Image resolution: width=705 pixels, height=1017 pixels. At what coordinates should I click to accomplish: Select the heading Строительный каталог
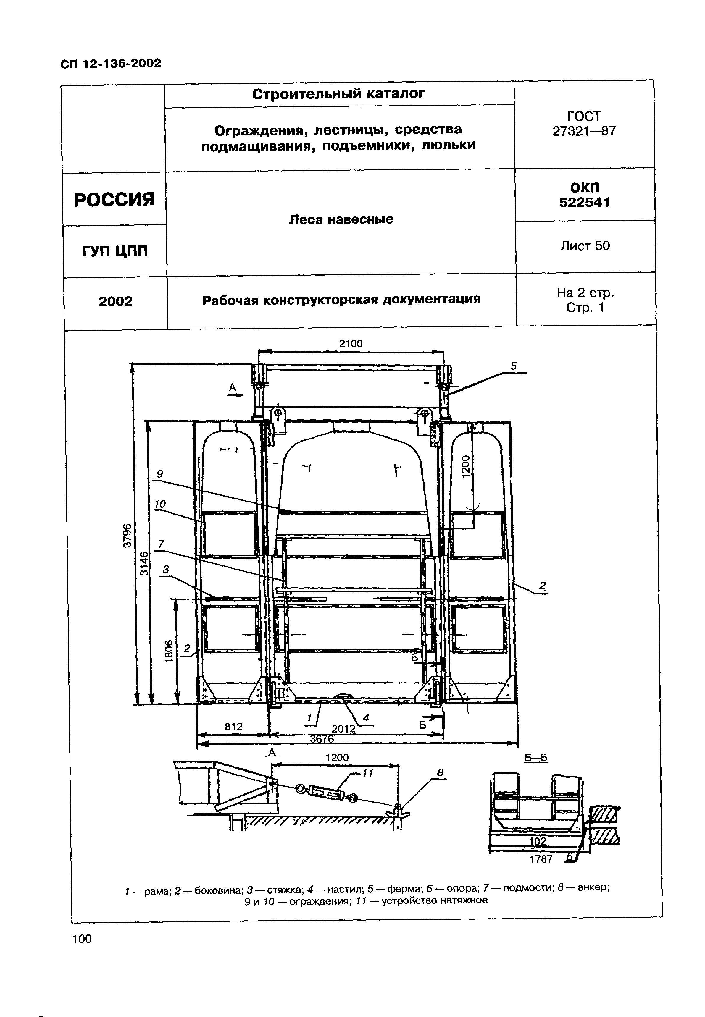(338, 94)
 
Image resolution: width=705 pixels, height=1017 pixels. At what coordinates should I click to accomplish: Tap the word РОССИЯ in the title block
(114, 200)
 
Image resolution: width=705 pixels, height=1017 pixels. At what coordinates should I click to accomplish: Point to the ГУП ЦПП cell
(115, 251)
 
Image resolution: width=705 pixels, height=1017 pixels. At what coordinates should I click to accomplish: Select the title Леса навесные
(341, 219)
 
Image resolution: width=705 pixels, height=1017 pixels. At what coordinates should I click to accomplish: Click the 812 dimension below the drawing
(234, 726)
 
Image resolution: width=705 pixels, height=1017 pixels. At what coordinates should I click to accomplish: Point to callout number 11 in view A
(368, 773)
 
